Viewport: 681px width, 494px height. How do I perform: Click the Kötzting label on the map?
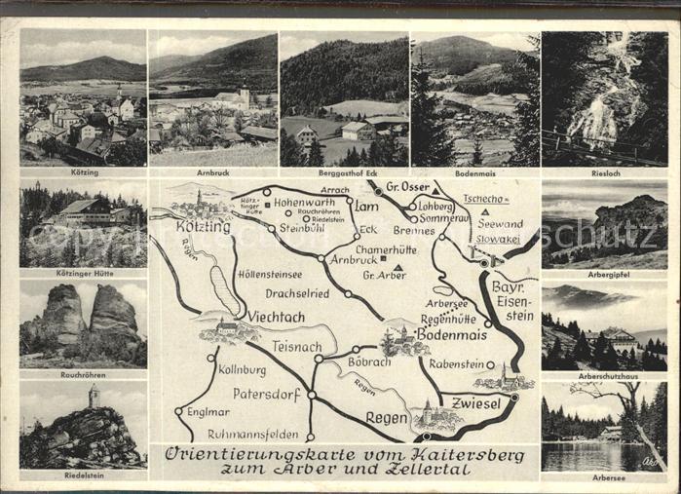coord(203,227)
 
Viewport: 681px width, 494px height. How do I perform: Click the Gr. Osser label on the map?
coord(408,187)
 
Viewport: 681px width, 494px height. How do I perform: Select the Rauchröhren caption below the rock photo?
coord(83,374)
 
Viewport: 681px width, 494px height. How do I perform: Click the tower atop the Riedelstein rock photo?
coord(94,396)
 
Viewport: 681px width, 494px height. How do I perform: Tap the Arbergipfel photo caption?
coord(604,275)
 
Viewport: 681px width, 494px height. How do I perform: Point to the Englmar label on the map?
coord(207,411)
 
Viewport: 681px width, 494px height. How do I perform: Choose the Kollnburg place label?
coord(242,370)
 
